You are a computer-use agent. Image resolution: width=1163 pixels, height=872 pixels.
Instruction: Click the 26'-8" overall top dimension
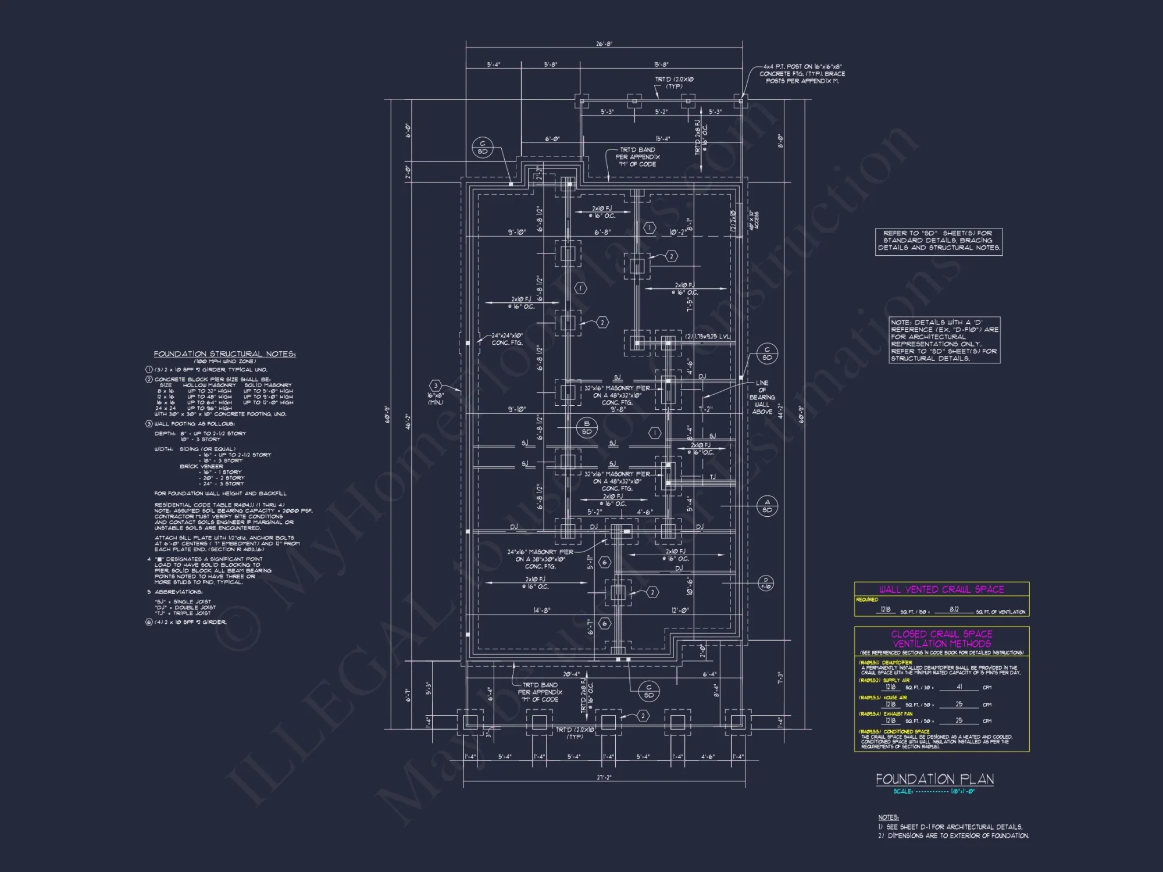click(x=604, y=44)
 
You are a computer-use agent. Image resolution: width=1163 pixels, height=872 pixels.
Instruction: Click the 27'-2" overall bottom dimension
click(x=604, y=777)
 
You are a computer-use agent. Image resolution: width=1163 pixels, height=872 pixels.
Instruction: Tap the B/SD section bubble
click(x=587, y=428)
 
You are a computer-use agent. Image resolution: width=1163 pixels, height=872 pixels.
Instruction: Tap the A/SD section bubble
click(x=767, y=506)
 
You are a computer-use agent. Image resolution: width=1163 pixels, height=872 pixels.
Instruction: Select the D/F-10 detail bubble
click(x=766, y=583)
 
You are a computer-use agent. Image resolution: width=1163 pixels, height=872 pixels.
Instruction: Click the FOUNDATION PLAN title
click(x=934, y=780)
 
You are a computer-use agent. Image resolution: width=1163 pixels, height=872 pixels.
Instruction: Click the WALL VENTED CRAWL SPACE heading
click(x=941, y=589)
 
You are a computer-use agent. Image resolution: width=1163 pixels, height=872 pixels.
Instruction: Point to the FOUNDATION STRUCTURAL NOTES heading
click(x=224, y=354)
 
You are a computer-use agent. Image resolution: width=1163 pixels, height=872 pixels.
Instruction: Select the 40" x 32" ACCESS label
click(x=754, y=220)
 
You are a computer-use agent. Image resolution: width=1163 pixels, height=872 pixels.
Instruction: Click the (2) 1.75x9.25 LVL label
click(x=707, y=337)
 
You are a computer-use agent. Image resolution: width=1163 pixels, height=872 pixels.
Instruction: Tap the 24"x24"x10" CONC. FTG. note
click(x=507, y=339)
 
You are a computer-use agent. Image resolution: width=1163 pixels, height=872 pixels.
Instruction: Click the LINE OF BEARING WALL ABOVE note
click(x=762, y=398)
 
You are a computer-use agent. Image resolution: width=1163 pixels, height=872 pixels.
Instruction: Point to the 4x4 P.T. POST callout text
click(x=802, y=74)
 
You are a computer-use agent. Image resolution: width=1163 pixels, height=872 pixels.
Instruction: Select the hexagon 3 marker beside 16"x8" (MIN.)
click(x=436, y=386)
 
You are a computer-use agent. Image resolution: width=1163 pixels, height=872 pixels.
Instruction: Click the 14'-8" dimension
click(x=541, y=610)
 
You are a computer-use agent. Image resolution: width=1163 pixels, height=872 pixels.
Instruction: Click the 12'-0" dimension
click(x=680, y=610)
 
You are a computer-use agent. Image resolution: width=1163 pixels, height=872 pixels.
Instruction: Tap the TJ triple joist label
click(x=712, y=477)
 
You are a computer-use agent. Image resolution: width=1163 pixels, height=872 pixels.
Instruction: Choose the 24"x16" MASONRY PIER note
click(x=540, y=559)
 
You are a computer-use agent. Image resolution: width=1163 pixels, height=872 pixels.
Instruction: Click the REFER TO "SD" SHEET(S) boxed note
click(x=939, y=241)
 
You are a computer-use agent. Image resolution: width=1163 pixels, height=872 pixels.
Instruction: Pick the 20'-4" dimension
click(x=571, y=674)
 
